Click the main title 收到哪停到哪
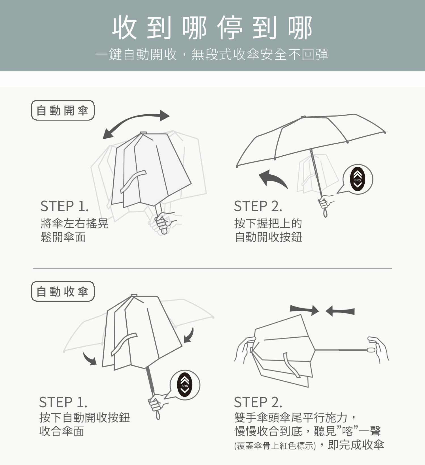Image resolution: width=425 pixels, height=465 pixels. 212,28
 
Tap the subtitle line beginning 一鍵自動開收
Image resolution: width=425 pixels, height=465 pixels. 212,54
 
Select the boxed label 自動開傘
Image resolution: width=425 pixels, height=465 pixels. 63,110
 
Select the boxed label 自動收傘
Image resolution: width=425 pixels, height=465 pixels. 63,291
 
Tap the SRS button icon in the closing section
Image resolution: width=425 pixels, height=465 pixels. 185,385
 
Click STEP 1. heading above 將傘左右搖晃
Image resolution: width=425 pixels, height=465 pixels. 64,206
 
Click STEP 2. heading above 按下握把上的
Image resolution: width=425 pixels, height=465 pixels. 258,206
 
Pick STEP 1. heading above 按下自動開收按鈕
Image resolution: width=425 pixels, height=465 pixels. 63,402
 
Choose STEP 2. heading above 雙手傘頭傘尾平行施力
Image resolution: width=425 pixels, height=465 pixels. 258,402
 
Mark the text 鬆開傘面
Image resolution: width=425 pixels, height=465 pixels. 63,237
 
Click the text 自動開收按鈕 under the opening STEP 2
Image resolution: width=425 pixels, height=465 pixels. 268,237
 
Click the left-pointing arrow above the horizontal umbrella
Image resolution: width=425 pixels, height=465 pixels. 340,311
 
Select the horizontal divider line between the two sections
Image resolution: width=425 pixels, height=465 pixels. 212,268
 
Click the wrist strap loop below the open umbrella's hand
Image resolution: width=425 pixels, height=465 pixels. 325,213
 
